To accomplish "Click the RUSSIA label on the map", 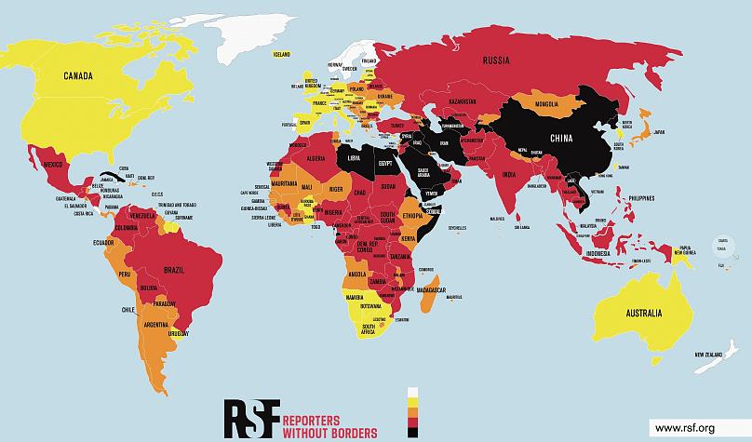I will pyautogui.click(x=494, y=61).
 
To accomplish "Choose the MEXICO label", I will pyautogui.click(x=58, y=164).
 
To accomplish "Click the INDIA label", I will pyautogui.click(x=509, y=175).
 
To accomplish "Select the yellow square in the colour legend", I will pyautogui.click(x=412, y=405).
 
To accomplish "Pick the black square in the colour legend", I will pyautogui.click(x=412, y=432).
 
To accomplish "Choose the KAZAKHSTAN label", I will pyautogui.click(x=463, y=100).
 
